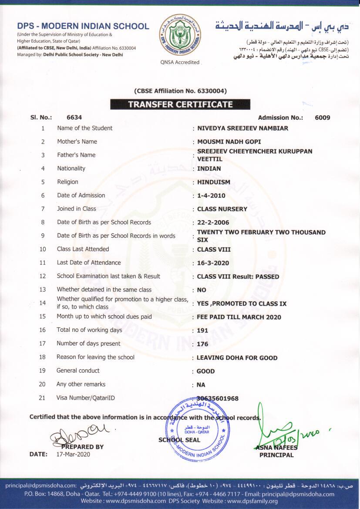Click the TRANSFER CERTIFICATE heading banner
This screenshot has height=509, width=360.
point(180,104)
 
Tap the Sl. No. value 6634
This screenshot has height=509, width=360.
point(74,118)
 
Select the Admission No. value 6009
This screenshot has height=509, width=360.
point(322,118)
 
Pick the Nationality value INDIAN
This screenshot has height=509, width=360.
point(209,169)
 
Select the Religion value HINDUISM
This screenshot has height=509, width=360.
point(214,182)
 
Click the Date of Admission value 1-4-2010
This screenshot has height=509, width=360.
point(211,196)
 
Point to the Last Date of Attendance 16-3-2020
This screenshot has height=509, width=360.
point(213,263)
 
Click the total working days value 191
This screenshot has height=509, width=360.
point(202,330)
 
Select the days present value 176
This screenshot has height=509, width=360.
point(202,344)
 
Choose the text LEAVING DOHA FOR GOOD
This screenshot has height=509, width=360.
point(237,358)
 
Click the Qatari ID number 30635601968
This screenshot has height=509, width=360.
point(217,398)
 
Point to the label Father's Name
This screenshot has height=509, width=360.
point(76,155)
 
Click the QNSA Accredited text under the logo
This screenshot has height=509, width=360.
point(180,62)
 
